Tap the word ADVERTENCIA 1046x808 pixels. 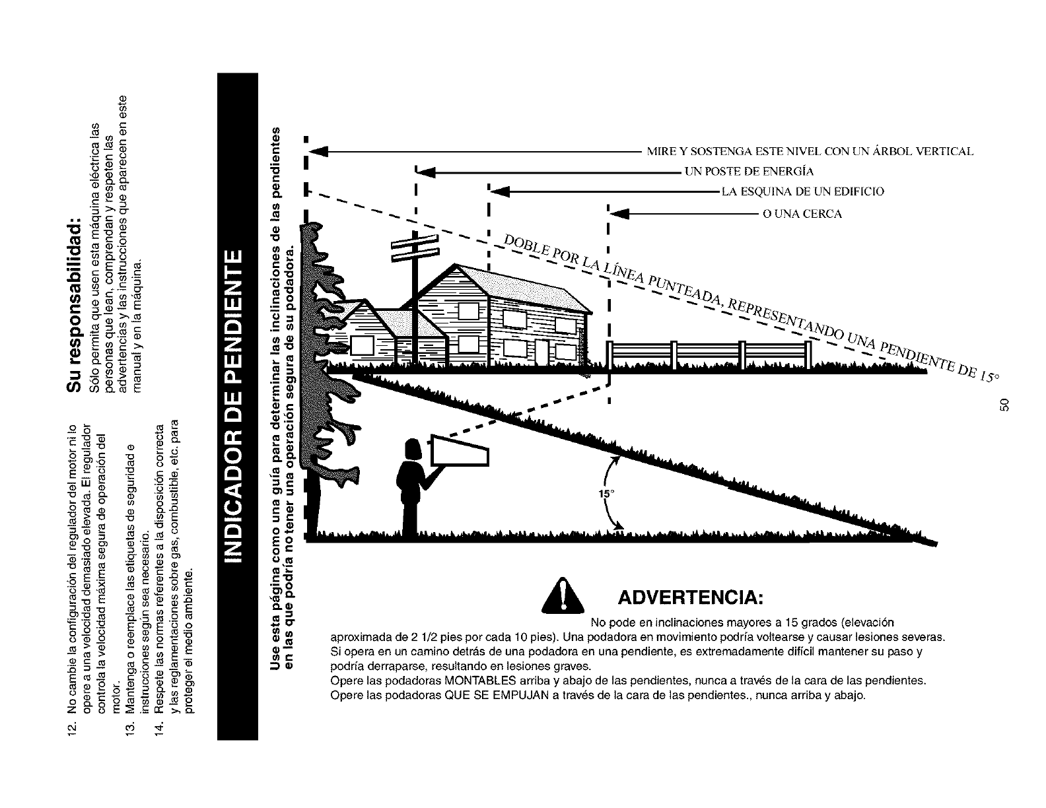691,599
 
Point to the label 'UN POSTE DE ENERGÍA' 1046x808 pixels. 749,172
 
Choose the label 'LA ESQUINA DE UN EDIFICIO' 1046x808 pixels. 802,192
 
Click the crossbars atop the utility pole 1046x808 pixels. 415,247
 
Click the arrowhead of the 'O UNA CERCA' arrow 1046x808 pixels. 617,214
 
